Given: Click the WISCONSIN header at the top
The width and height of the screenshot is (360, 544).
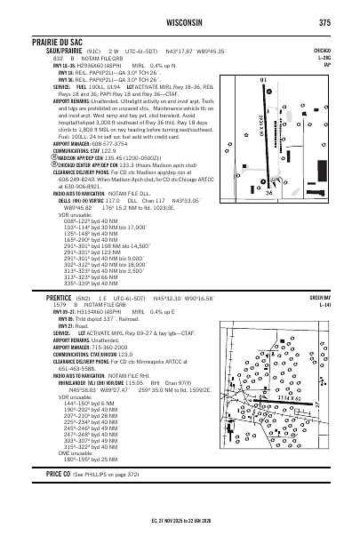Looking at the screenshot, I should click(x=180, y=22).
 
